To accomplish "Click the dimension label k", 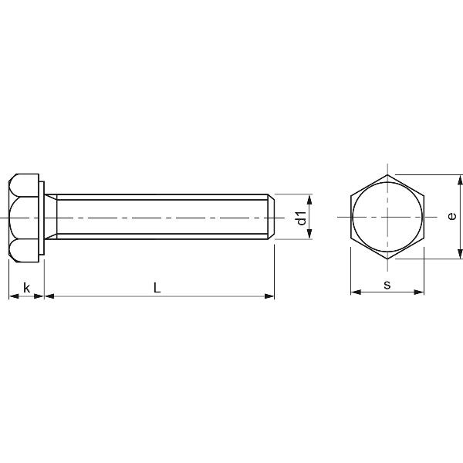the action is pyautogui.click(x=26, y=287).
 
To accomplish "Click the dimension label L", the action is pyautogui.click(x=157, y=288).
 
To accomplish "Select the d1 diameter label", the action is pyautogui.click(x=302, y=218).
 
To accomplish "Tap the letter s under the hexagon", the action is pyautogui.click(x=387, y=285).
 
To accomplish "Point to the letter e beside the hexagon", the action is pyautogui.click(x=451, y=216).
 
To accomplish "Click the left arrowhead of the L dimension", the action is pyautogui.click(x=49, y=296).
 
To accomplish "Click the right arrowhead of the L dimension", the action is pyautogui.click(x=269, y=296).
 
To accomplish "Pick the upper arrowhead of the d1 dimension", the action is pyautogui.click(x=309, y=199).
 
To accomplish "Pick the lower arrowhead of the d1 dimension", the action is pyautogui.click(x=309, y=234).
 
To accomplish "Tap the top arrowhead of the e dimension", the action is pyautogui.click(x=460, y=180).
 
